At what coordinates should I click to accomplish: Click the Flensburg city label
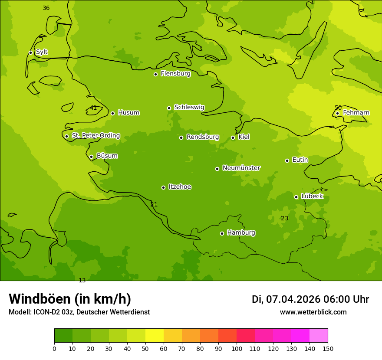175,74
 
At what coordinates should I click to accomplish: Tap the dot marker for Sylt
30,52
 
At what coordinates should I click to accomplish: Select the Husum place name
128,113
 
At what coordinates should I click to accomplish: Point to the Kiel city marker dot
233,137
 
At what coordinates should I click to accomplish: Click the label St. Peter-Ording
95,136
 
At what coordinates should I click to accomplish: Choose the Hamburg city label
241,233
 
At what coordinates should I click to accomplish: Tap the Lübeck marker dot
296,197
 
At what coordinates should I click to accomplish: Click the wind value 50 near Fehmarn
338,108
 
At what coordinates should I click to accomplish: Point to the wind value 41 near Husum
93,108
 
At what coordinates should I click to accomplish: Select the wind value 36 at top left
46,8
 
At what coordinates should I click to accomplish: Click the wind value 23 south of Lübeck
284,218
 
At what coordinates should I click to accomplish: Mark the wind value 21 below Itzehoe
154,204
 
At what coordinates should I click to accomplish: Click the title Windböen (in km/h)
70,299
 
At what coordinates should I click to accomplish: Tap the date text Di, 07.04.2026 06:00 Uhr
310,299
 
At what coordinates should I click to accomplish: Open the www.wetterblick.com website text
313,312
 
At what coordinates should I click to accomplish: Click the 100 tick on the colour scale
237,348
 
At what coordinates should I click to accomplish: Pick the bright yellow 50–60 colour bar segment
155,336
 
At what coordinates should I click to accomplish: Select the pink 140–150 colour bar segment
319,336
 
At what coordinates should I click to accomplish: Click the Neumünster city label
241,168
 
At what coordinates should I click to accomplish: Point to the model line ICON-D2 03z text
79,312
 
